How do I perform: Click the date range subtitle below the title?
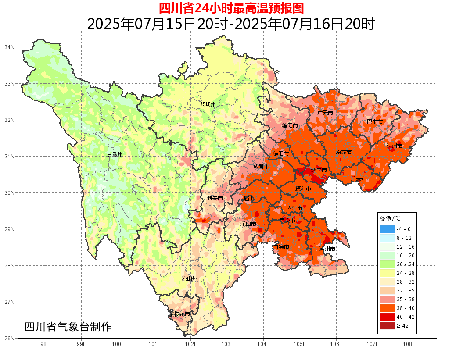tap(231, 23)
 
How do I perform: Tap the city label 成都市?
tap(262, 167)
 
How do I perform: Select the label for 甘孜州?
tap(115, 155)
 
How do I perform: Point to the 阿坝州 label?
tap(208, 104)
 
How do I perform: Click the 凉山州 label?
tap(190, 279)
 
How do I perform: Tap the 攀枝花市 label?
tap(180, 314)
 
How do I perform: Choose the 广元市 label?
tap(325, 113)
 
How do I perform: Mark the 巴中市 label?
tap(375, 121)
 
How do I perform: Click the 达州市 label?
tap(395, 146)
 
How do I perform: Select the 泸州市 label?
tap(327, 249)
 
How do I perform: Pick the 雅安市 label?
tap(215, 198)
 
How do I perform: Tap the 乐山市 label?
tap(248, 224)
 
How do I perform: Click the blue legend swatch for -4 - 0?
tap(387, 229)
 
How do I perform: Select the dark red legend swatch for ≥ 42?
tap(387, 326)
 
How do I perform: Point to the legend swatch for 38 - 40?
tap(387, 308)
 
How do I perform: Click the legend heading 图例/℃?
tap(390, 218)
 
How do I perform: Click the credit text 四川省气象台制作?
tap(68, 327)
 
